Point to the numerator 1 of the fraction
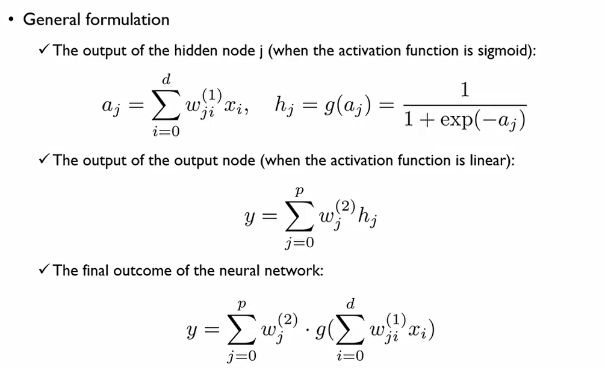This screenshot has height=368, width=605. coord(464,90)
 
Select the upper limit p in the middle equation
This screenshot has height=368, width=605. coord(299,190)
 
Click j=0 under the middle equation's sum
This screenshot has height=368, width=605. coord(299,244)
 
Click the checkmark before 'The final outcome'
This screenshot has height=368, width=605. coord(44,270)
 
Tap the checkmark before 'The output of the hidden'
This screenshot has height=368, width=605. coord(44,50)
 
